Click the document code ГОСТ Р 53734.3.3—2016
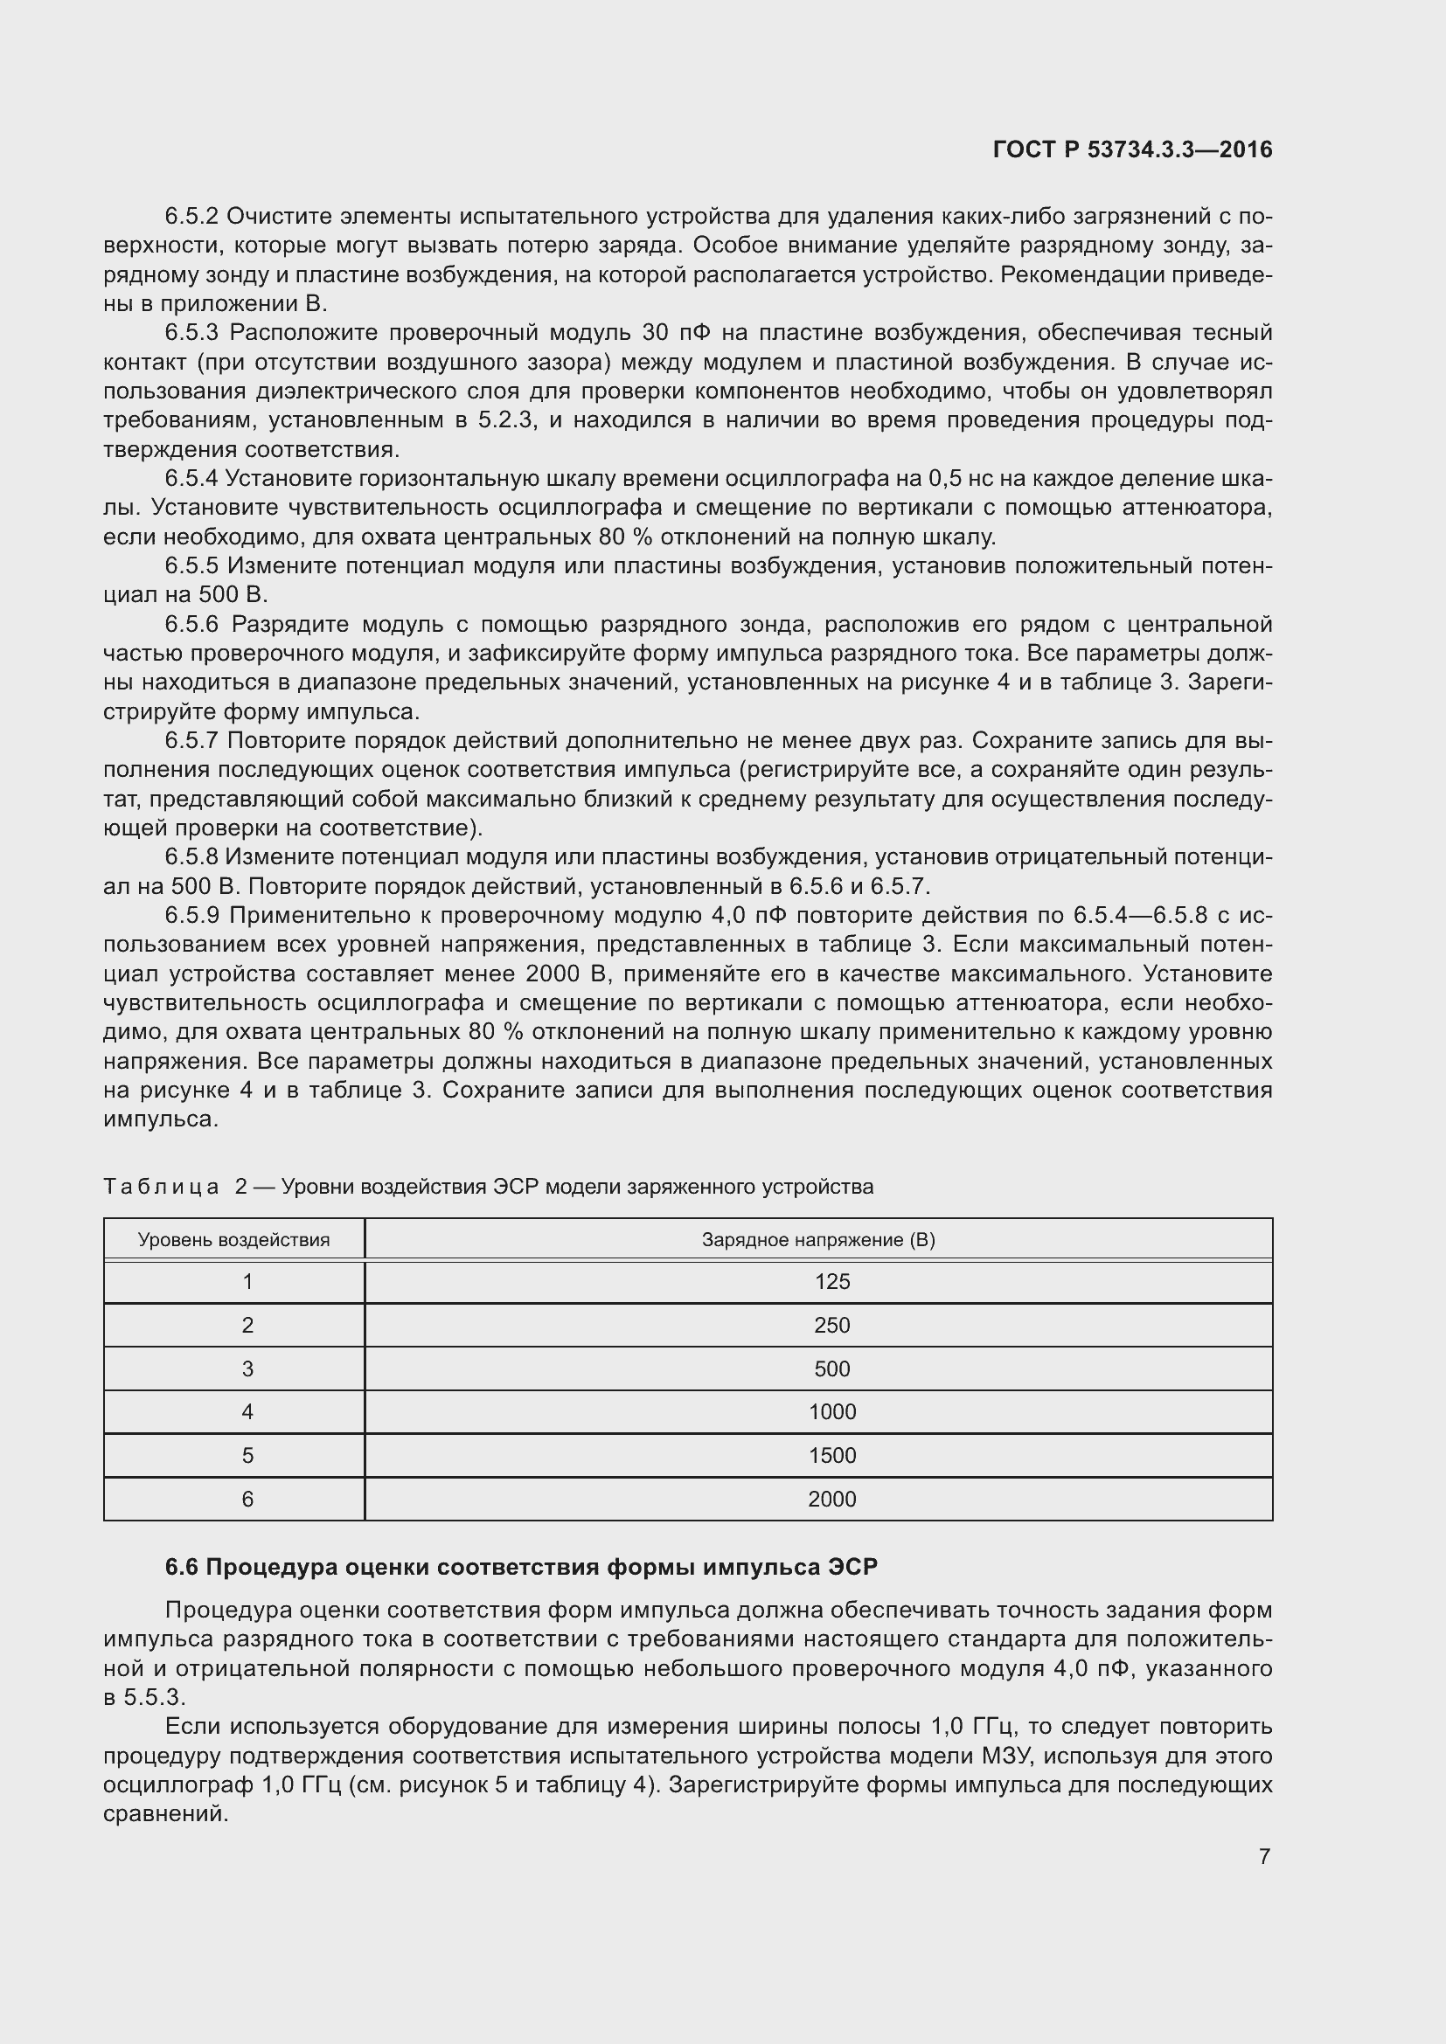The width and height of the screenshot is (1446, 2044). coord(1131,149)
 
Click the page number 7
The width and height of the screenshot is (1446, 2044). coord(1264,1856)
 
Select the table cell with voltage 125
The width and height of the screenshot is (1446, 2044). coord(831,1282)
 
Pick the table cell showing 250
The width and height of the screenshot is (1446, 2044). coord(831,1326)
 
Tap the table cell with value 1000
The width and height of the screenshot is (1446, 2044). coord(831,1412)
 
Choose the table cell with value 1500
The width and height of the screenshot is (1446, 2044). coord(831,1456)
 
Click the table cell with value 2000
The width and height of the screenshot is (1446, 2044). coord(831,1500)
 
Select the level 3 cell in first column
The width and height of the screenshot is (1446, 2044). coord(247,1369)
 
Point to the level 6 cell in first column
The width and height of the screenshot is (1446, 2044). coord(247,1500)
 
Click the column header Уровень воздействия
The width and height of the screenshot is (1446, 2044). coord(233,1240)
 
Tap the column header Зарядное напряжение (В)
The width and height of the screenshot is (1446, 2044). coord(817,1240)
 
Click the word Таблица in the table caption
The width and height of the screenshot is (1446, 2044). coord(161,1187)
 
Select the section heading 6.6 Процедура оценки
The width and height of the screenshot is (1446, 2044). coord(521,1568)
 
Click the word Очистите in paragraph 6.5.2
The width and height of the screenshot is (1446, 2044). coord(281,217)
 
